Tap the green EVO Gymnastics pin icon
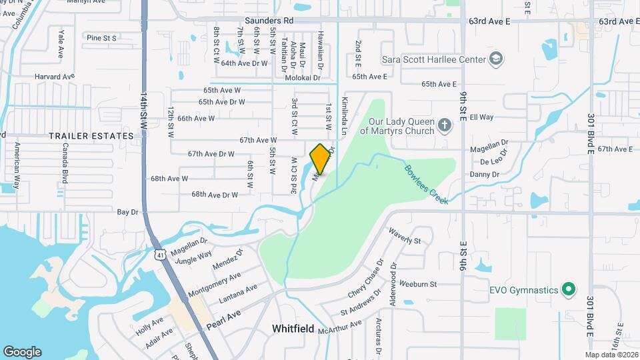568,289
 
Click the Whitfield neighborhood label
293,329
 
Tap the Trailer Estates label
91,135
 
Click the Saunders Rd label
269,21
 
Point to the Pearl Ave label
223,317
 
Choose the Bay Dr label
127,212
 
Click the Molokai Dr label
303,78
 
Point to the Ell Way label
481,117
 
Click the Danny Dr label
485,174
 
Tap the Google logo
22,351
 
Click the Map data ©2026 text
611,355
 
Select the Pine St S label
101,38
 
